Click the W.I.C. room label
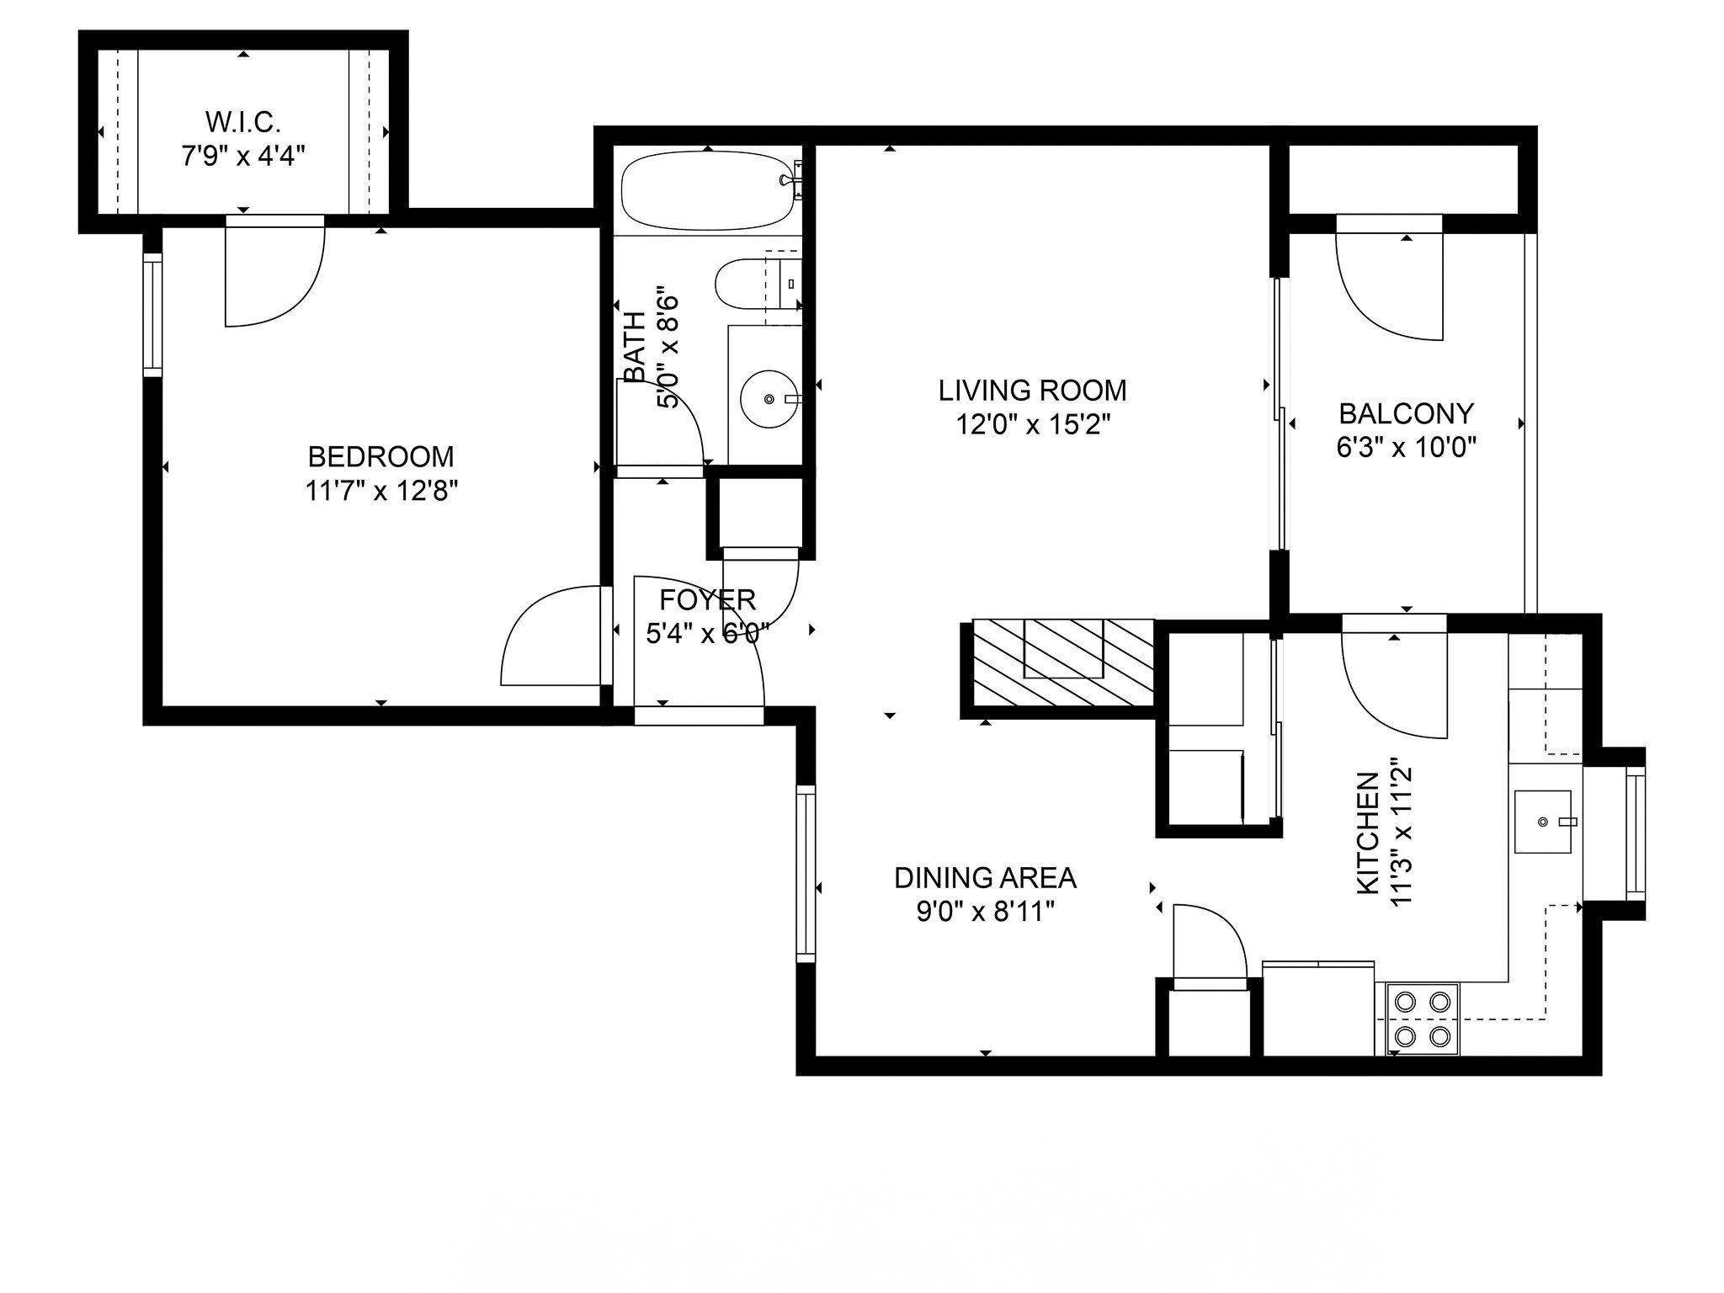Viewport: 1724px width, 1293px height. (242, 123)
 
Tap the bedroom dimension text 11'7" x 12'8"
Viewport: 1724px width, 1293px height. (380, 491)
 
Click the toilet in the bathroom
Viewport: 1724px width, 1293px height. (745, 285)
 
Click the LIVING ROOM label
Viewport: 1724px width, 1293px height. (1032, 391)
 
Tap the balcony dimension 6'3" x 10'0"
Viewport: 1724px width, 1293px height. (1406, 447)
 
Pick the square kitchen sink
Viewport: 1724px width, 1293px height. (1542, 821)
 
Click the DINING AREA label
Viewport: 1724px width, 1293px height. (984, 878)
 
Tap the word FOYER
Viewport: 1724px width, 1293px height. (707, 600)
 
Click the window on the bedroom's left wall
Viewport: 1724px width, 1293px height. (152, 315)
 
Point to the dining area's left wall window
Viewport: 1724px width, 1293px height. (806, 873)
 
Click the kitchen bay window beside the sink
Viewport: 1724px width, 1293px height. (1634, 833)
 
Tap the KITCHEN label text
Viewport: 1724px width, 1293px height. (1367, 833)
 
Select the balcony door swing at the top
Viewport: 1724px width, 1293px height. (1389, 282)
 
